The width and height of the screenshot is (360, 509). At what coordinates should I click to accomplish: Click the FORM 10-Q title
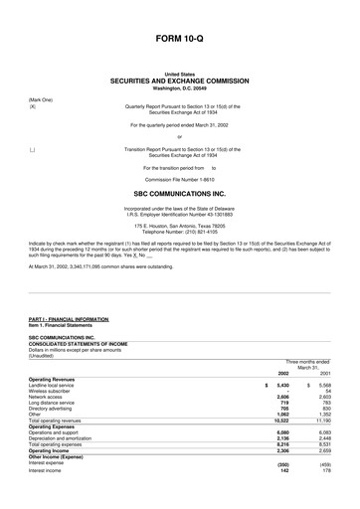click(180, 37)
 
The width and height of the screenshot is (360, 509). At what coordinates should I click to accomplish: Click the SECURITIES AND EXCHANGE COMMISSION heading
click(180, 81)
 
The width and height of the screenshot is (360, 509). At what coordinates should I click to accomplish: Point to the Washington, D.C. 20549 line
click(180, 87)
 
